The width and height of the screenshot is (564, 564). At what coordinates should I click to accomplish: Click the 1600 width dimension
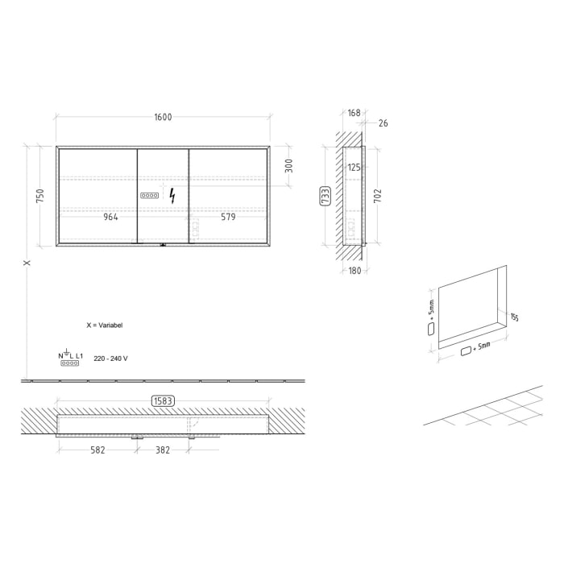tap(163, 117)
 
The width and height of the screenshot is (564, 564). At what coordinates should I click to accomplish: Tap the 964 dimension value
tap(113, 217)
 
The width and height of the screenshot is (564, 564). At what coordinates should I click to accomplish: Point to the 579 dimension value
tap(226, 217)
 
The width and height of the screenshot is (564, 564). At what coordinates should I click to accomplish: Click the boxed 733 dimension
tap(325, 196)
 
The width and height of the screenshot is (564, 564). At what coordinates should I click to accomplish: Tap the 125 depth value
tap(354, 168)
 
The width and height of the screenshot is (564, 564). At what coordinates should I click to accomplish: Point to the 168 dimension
tap(355, 113)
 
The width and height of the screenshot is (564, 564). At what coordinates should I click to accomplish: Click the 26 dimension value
tap(383, 123)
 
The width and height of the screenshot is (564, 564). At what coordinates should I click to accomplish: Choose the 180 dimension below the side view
tap(355, 270)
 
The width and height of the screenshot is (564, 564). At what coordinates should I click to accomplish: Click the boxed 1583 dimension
tap(163, 400)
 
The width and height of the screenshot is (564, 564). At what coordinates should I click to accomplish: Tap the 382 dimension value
tap(163, 450)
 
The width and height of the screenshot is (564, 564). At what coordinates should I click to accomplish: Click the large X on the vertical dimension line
tap(27, 263)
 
